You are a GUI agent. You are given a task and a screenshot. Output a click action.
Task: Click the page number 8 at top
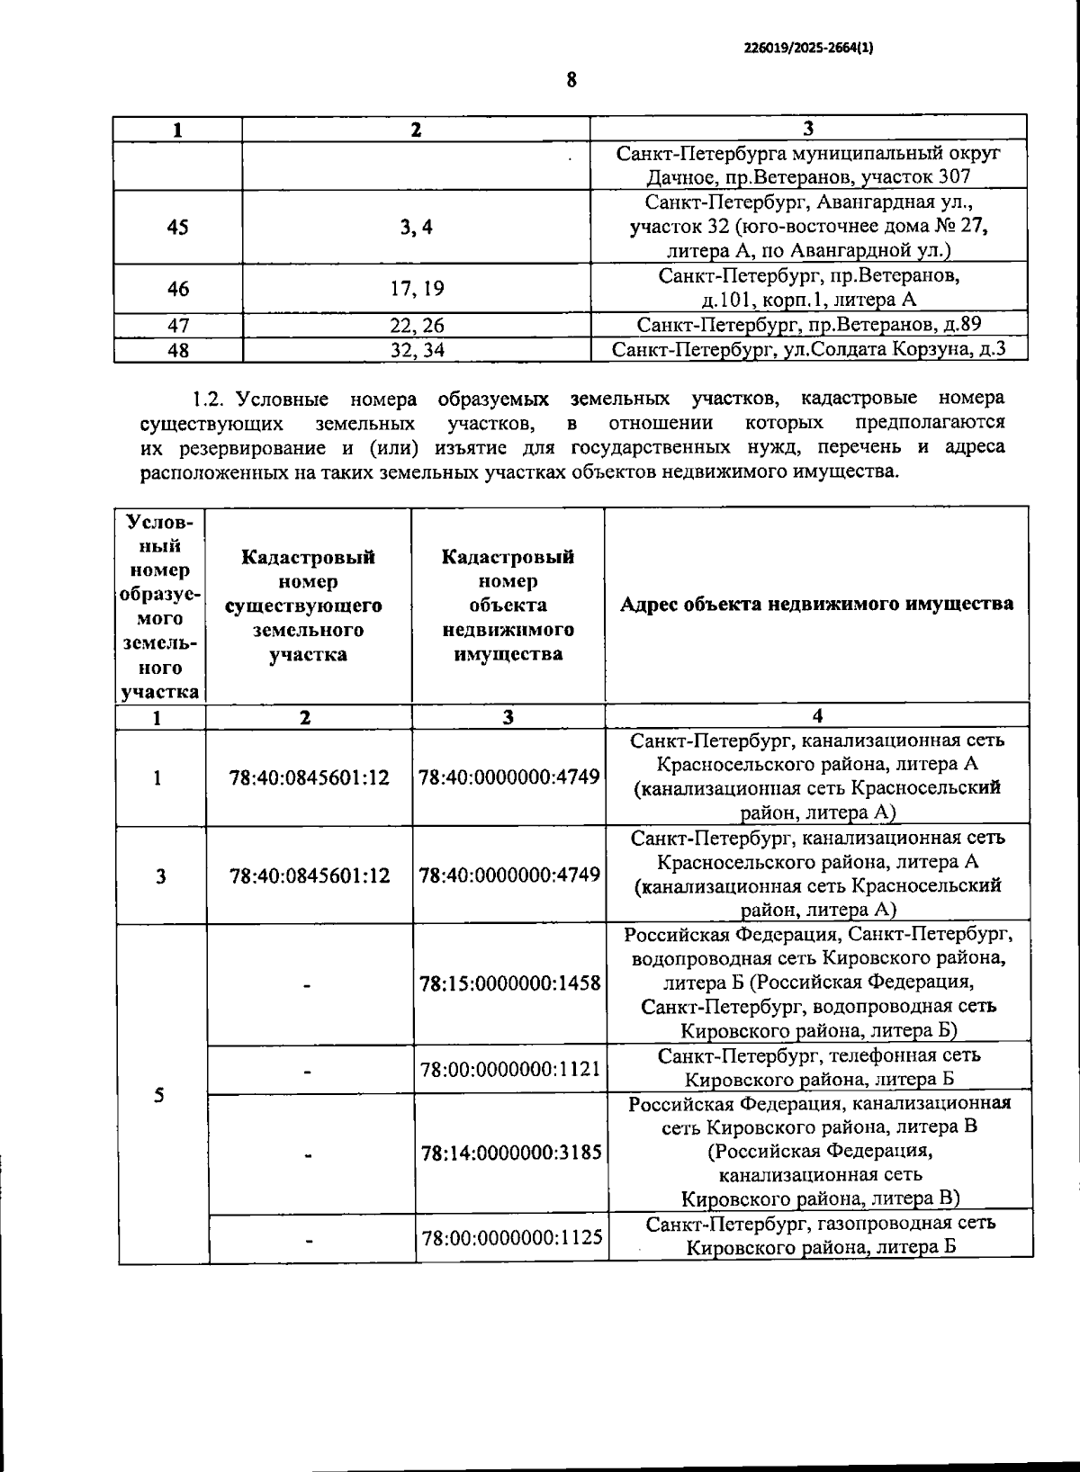[x=571, y=80]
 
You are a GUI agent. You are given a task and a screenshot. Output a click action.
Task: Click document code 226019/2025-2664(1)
[x=808, y=50]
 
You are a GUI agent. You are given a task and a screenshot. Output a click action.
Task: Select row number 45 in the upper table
[x=178, y=228]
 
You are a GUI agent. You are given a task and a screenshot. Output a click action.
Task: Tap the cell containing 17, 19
[x=417, y=289]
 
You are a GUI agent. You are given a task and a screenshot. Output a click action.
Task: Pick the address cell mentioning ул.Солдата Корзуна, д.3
[x=808, y=349]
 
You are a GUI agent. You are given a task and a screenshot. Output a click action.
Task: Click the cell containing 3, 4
[x=417, y=228]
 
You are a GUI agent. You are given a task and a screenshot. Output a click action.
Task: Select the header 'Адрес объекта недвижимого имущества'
[x=816, y=604]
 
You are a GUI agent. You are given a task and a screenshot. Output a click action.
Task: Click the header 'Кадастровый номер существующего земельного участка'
[x=308, y=606]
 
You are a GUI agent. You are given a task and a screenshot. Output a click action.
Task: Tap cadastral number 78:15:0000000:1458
[x=509, y=983]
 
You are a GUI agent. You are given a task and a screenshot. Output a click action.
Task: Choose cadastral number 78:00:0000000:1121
[x=509, y=1069]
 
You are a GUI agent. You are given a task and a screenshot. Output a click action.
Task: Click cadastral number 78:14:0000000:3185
[x=509, y=1152]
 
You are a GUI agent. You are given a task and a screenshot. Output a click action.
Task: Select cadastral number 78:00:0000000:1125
[x=509, y=1237]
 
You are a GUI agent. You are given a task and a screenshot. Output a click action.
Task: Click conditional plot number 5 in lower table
[x=159, y=1095]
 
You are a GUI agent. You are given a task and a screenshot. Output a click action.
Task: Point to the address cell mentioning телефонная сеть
[x=818, y=1067]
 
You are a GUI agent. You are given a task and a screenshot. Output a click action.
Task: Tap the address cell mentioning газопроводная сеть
[x=818, y=1235]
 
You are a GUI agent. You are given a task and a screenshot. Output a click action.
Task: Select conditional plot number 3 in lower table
[x=160, y=875]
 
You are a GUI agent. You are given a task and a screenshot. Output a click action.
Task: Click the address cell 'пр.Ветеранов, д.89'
[x=808, y=325]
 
